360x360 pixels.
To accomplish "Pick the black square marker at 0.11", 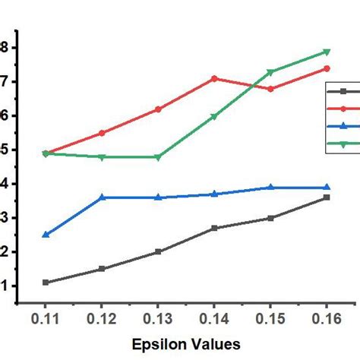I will pyautogui.click(x=46, y=283).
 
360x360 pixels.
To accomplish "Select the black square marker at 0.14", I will pyautogui.click(x=214, y=228).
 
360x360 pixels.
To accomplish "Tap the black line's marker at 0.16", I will pyautogui.click(x=327, y=197).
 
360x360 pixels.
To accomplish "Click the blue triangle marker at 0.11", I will pyautogui.click(x=46, y=235).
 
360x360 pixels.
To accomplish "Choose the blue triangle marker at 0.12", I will pyautogui.click(x=102, y=197).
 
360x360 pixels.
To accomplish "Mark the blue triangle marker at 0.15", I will pyautogui.click(x=270, y=188).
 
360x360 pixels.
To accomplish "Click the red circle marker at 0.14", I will pyautogui.click(x=214, y=78).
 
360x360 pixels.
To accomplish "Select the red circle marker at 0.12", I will pyautogui.click(x=102, y=133).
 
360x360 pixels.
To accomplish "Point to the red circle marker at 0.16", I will pyautogui.click(x=327, y=68).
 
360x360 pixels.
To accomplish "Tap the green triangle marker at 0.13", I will pyautogui.click(x=158, y=157).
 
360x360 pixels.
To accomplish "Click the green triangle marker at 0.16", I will pyautogui.click(x=327, y=52).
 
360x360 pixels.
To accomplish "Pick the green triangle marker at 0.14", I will pyautogui.click(x=214, y=116).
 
